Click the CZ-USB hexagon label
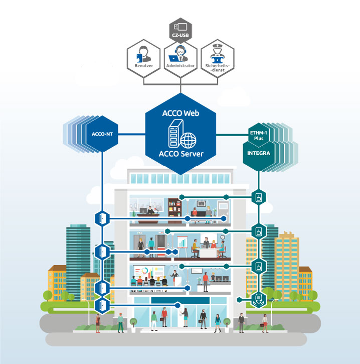pos(181,35)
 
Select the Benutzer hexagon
pos(144,58)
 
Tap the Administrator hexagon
pos(181,59)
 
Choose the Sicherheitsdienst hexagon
pos(218,58)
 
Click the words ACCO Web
pos(181,113)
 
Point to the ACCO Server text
pos(181,154)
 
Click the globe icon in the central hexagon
pos(188,141)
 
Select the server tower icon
pos(175,134)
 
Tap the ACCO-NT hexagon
pos(102,134)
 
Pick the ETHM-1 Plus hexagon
pos(258,135)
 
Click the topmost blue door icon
pos(102,219)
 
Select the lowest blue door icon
pos(102,305)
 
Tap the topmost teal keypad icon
pos(259,197)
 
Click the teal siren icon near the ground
pos(259,300)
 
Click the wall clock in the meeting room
pos(223,237)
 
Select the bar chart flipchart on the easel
pos(183,242)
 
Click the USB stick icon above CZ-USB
pos(181,27)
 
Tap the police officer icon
pos(217,54)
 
